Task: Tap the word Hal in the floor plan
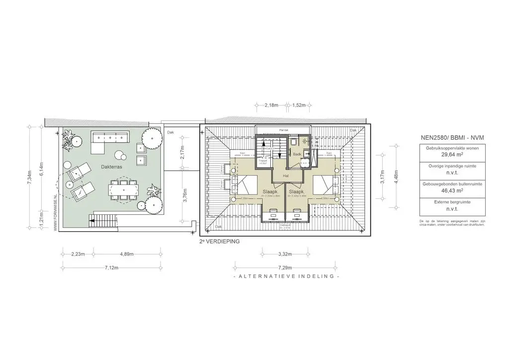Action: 286,176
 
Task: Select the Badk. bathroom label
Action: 297,154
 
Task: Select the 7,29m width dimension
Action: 285,268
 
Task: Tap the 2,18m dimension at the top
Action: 271,105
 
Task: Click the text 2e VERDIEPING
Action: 219,241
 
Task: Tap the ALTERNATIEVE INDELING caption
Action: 285,276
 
